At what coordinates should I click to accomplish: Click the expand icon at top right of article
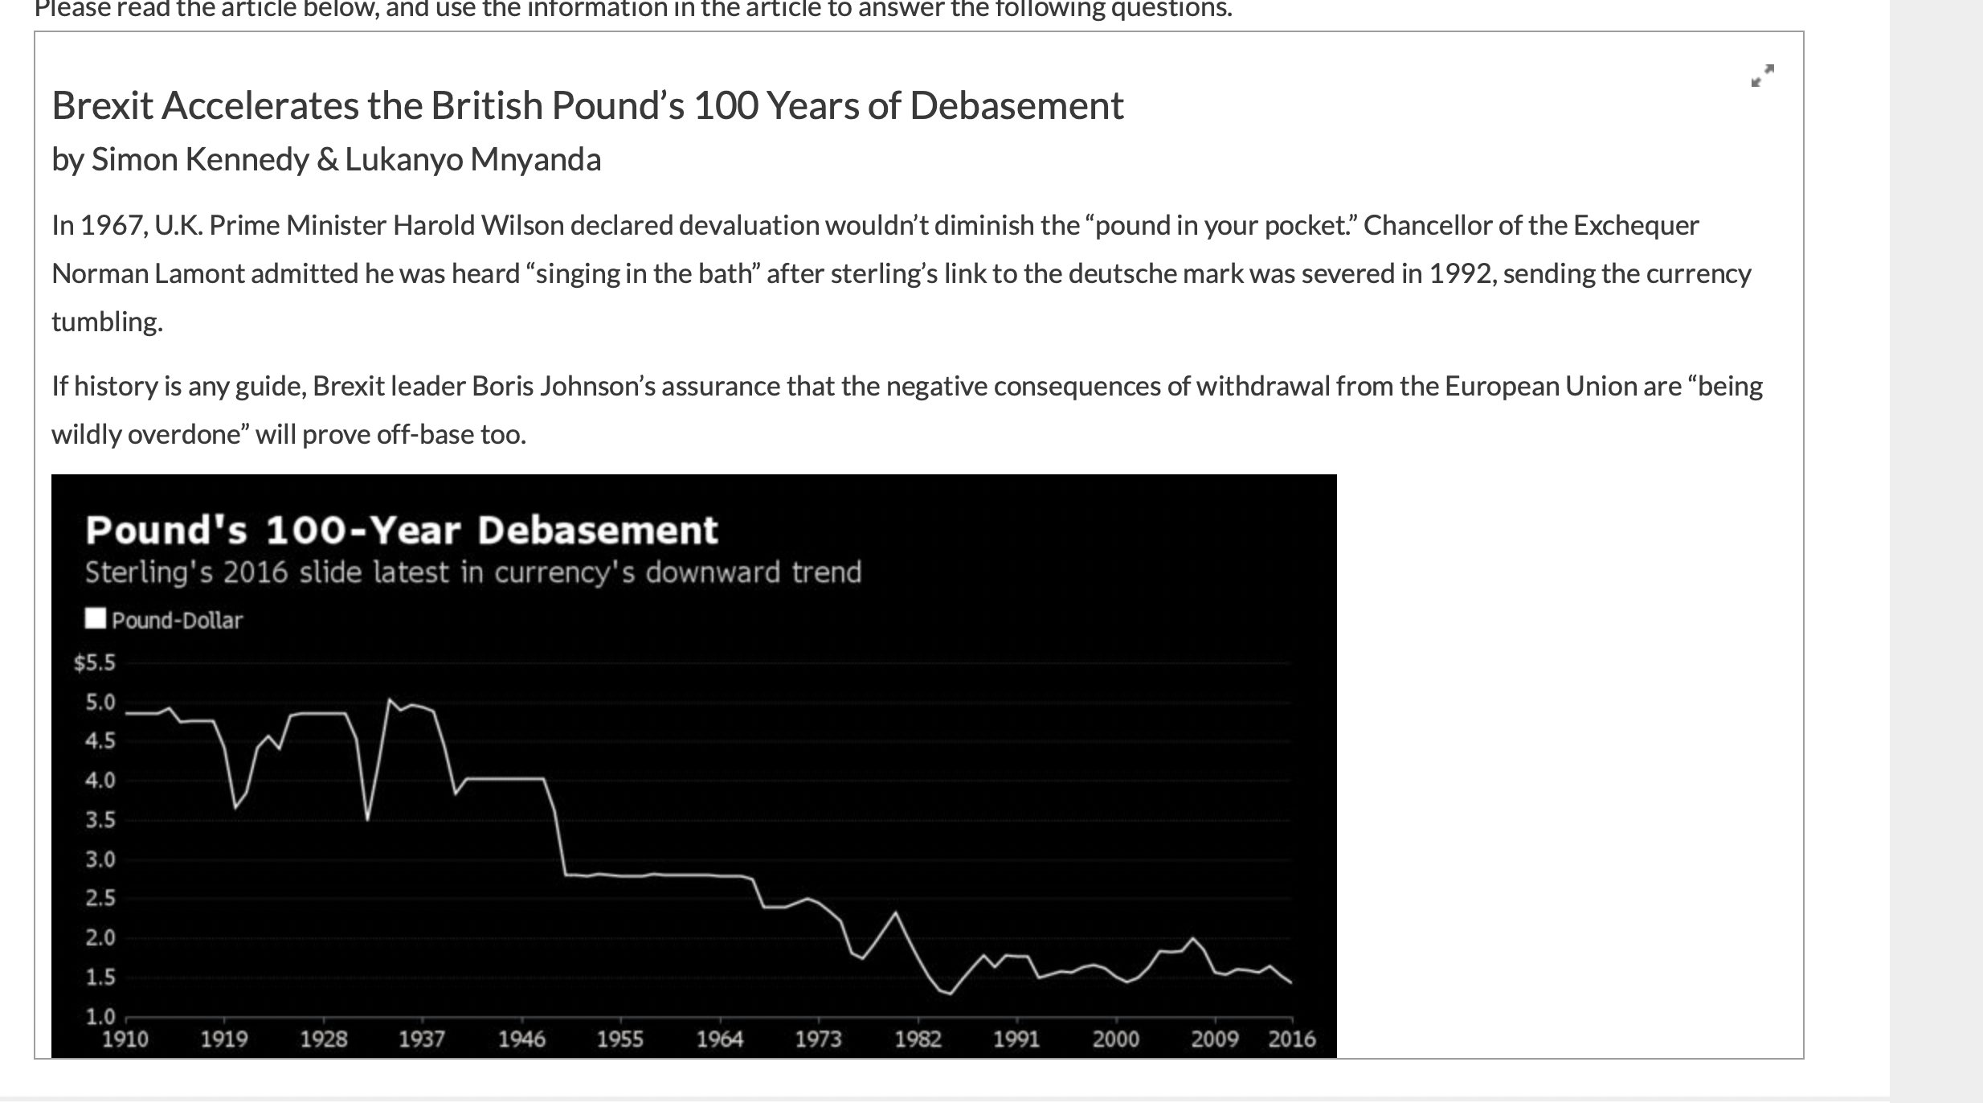(1762, 76)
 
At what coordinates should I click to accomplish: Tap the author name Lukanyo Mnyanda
(472, 160)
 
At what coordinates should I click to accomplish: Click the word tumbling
(107, 322)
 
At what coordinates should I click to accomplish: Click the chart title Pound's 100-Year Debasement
(401, 531)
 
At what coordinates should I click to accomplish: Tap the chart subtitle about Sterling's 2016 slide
(472, 572)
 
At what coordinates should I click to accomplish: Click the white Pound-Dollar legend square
(96, 618)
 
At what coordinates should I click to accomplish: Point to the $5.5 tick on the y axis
(95, 663)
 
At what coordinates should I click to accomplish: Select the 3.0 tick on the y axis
(100, 859)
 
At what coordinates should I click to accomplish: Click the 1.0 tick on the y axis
(100, 1016)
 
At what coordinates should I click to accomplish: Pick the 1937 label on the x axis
(422, 1039)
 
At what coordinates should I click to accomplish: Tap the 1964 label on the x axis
(719, 1039)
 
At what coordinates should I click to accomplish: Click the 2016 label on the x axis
(1291, 1039)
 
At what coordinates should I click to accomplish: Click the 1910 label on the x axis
(125, 1039)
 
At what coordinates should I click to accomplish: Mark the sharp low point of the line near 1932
(367, 819)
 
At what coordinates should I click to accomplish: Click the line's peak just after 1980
(896, 912)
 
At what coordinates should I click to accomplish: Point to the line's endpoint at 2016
(1290, 982)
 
